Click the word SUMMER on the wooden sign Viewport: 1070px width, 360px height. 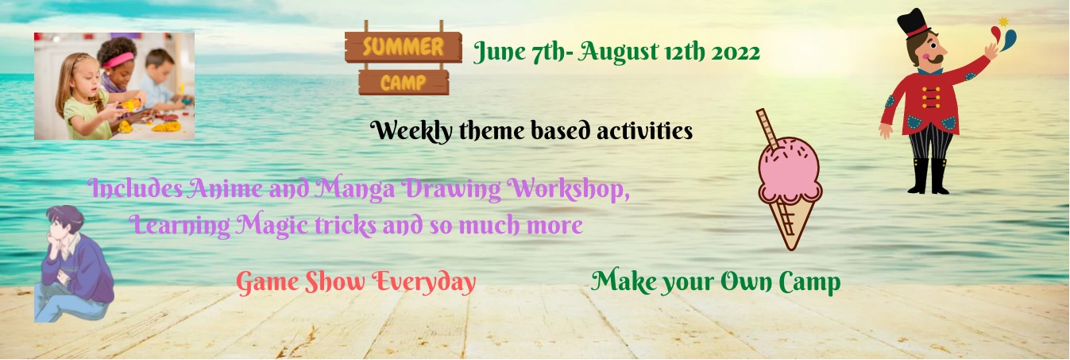coord(404,47)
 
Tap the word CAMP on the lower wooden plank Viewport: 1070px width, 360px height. coord(404,83)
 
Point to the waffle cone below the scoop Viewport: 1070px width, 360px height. coord(790,223)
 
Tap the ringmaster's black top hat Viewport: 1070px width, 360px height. coord(914,24)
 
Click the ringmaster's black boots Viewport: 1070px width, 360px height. coord(929,176)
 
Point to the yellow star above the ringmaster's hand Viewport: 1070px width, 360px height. coord(1003,21)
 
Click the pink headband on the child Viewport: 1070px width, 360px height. coord(118,60)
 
